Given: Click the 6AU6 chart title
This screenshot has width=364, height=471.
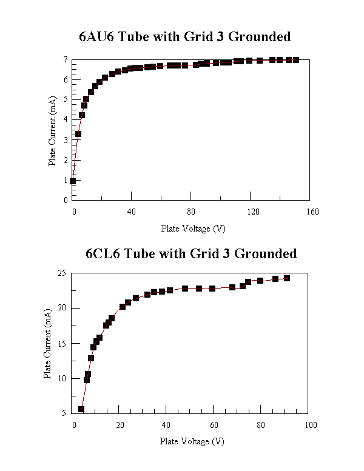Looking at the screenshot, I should point(185,36).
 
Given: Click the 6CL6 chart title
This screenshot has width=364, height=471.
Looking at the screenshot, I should point(191,253).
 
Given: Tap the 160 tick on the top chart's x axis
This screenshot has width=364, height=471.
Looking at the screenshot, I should point(312,212).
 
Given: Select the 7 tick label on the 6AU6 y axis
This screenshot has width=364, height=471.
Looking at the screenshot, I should point(65,59).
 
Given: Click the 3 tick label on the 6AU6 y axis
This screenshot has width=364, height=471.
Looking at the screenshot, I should point(65,139).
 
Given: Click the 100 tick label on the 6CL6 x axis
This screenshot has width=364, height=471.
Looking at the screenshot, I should point(310,425).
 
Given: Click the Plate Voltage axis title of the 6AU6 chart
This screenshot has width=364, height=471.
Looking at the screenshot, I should point(193,229).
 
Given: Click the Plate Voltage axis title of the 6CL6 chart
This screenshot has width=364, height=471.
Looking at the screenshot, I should point(192,441).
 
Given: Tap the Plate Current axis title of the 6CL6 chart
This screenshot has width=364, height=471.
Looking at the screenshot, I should point(48,344).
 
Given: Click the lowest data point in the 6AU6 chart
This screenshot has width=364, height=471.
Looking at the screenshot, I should point(73,181).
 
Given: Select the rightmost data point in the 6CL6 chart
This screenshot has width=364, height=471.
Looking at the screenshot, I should point(287,278).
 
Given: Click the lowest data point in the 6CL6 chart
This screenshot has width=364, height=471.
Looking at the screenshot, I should point(81,409).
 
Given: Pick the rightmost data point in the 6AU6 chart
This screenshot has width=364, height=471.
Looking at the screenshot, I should point(295,59).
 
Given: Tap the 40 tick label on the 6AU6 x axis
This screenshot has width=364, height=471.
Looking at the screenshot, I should point(132,212).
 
